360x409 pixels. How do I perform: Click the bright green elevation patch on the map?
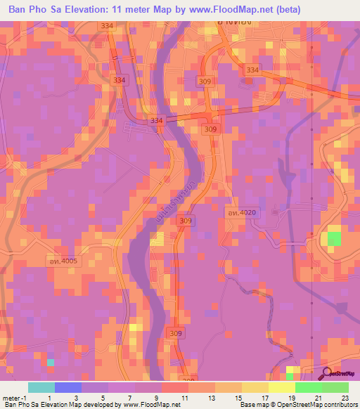coord(333,238)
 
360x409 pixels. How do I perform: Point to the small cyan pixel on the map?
coord(50,362)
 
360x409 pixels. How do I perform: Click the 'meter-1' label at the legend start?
coord(13,397)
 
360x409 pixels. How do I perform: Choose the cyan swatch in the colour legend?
coord(41,387)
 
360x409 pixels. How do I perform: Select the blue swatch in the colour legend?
coord(68,387)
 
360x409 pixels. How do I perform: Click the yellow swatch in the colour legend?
coord(255,387)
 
